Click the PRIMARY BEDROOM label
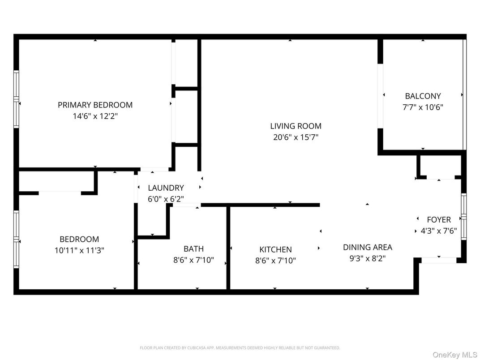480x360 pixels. [x=95, y=105]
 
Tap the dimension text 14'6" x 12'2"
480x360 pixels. [x=95, y=116]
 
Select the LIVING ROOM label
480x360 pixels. [x=296, y=126]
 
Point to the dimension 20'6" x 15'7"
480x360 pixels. [x=296, y=137]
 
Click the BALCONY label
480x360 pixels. [x=423, y=96]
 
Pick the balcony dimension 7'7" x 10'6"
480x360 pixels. [x=423, y=107]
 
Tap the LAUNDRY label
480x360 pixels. [x=166, y=188]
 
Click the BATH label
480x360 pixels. [x=193, y=249]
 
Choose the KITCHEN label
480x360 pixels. [x=275, y=249]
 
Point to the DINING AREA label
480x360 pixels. [x=367, y=247]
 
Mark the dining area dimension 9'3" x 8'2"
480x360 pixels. [x=367, y=258]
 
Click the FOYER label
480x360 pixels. [x=439, y=219]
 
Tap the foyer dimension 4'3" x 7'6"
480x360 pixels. [x=439, y=231]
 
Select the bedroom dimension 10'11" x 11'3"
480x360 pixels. [x=79, y=251]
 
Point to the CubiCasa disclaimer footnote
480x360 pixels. [x=240, y=347]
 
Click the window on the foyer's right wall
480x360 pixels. [x=464, y=217]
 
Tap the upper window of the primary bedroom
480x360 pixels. [x=17, y=84]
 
